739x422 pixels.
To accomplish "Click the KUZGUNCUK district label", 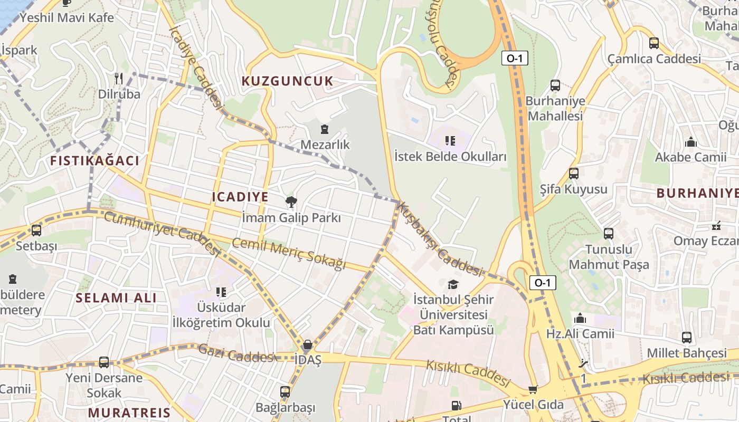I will [x=288, y=81].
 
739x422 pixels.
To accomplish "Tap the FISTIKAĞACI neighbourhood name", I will [x=95, y=161].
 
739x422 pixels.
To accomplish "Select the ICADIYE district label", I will [x=240, y=197].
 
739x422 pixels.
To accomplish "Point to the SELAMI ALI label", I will [x=116, y=298].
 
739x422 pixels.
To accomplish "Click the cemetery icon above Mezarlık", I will [x=325, y=129].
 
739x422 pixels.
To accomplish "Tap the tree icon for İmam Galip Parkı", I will [x=290, y=202].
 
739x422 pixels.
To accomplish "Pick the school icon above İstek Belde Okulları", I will [x=450, y=140].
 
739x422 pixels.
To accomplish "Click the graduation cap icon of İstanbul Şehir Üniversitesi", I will [x=453, y=285].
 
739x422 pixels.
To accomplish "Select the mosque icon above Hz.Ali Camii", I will [x=580, y=319].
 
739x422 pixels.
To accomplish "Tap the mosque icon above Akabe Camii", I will [x=690, y=142].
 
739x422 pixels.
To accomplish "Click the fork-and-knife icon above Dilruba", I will [x=119, y=79].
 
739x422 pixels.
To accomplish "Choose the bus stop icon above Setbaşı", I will [x=36, y=231].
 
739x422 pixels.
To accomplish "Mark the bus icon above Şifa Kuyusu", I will [x=574, y=173].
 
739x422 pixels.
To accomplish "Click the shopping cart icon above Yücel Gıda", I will [x=533, y=390].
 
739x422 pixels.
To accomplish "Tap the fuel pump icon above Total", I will [x=456, y=406].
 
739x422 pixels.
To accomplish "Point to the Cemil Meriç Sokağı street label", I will [x=288, y=253].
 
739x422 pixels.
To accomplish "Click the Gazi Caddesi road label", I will [x=235, y=353].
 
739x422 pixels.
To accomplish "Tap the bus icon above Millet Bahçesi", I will [x=687, y=338].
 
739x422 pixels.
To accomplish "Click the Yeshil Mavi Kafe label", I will [x=67, y=17].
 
